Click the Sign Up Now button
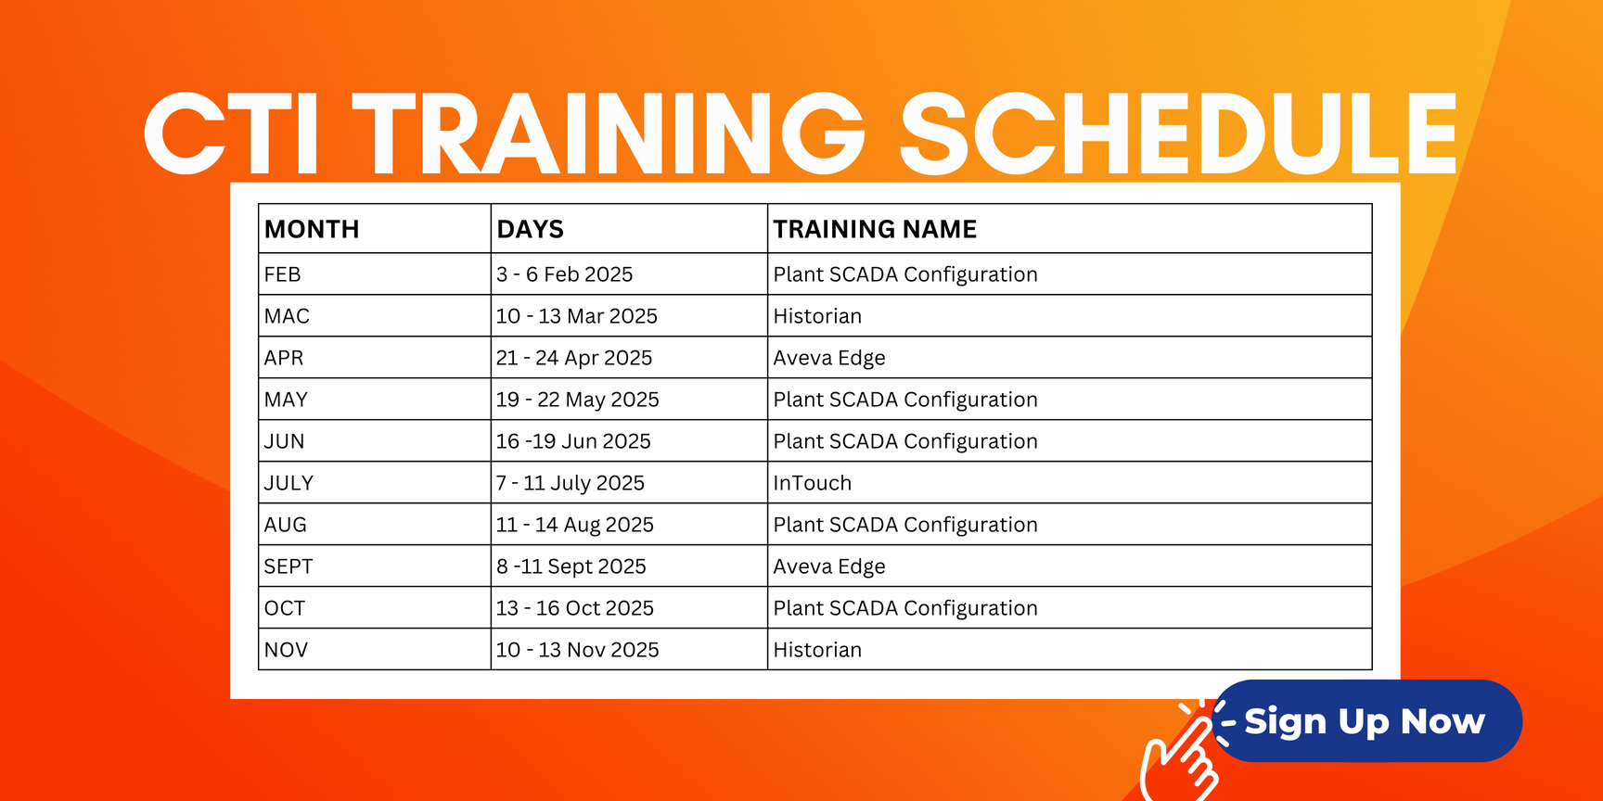1367,720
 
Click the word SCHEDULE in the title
1178,133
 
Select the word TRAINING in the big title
608,133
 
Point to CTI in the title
232,133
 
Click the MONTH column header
312,229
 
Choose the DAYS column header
530,229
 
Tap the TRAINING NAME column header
875,229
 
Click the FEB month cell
282,274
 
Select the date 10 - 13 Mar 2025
576,316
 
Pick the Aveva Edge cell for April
829,358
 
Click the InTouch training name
812,483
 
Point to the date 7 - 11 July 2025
570,483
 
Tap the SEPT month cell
289,566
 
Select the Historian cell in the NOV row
817,650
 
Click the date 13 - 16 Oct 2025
574,608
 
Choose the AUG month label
285,525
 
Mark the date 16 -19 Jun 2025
573,441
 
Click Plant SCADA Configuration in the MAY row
905,400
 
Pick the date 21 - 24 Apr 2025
574,358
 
